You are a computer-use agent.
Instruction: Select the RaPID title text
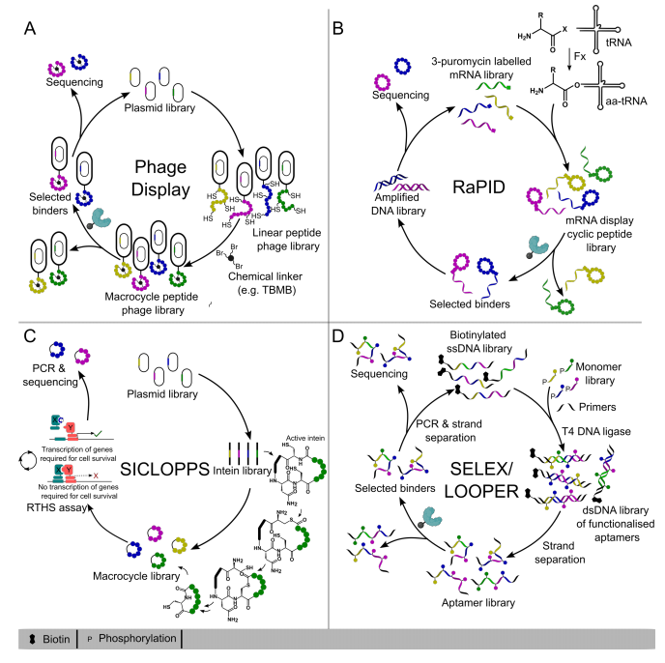click(481, 179)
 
